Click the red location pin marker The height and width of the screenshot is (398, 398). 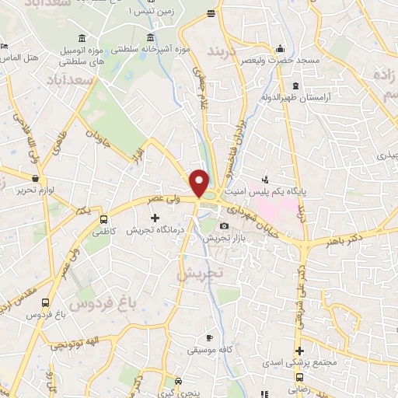coord(200,183)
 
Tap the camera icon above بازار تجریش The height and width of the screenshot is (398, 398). coord(225,226)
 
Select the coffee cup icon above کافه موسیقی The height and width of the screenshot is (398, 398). coord(208,337)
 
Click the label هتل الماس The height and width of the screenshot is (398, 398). coord(17,58)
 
